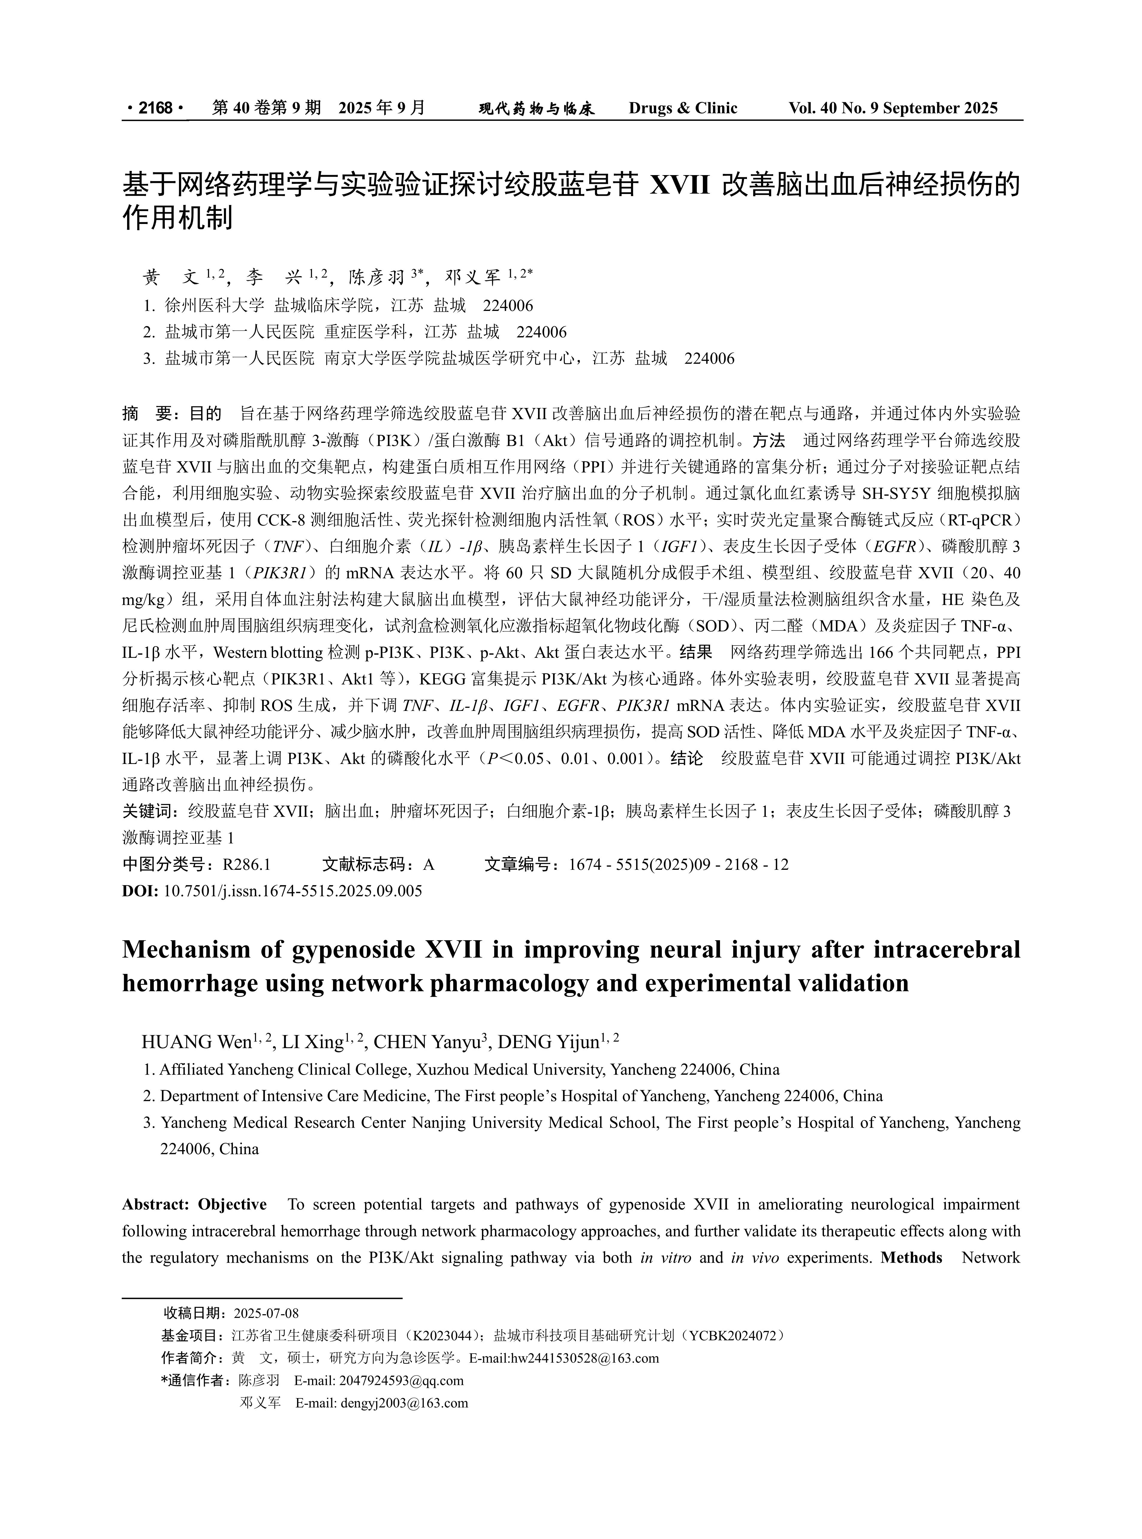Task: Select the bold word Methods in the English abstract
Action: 911,1257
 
